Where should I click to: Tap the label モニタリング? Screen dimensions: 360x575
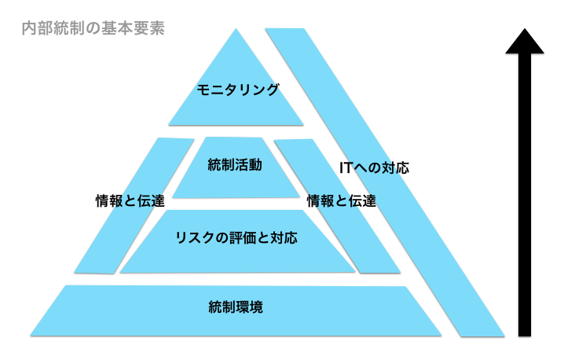point(237,90)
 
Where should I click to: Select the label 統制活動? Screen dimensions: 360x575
point(235,165)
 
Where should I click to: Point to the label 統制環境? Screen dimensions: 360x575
point(236,307)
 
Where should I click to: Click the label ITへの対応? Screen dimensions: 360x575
point(374,167)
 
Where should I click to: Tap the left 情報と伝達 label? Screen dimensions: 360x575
point(130,200)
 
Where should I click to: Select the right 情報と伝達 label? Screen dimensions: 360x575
point(341,200)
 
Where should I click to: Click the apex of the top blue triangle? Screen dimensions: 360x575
point(236,31)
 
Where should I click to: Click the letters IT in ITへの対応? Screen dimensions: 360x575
point(346,167)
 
